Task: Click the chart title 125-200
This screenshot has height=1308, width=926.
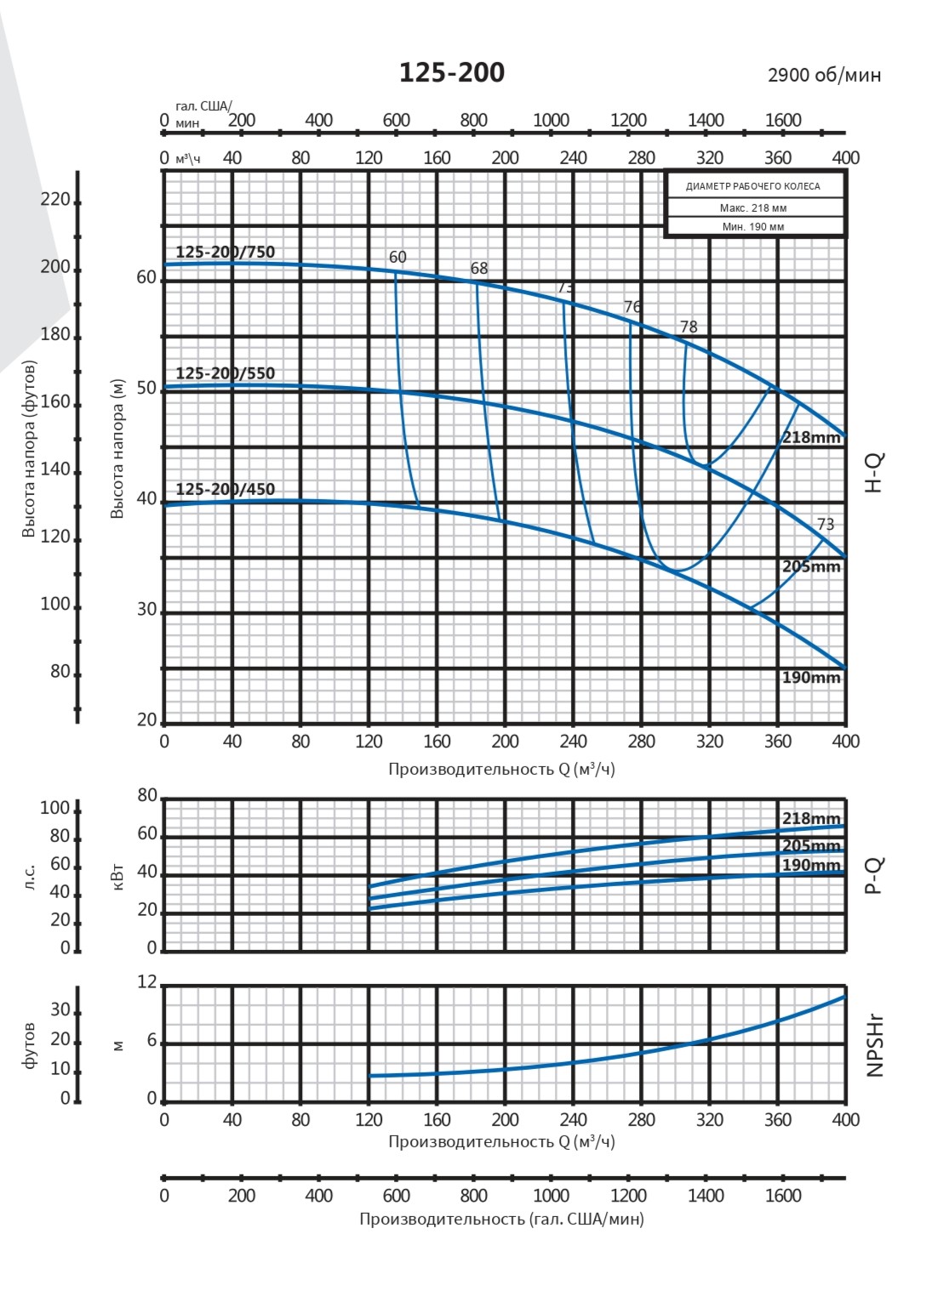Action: coord(452,73)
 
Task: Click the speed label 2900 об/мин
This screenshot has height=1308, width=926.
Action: coord(824,75)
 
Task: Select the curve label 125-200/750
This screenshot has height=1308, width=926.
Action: coord(226,252)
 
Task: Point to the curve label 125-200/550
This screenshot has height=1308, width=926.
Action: coord(226,372)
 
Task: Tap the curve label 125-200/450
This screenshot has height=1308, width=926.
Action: coord(226,489)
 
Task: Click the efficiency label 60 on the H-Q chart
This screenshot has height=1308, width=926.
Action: coord(397,257)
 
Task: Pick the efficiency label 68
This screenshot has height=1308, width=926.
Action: coord(479,269)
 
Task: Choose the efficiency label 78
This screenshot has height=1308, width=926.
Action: coord(689,327)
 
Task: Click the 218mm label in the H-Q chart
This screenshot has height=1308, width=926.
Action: coord(811,438)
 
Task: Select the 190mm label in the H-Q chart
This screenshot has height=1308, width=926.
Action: coord(811,678)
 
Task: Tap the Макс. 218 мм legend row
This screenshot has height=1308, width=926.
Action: coord(753,208)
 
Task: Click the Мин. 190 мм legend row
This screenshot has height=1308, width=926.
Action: coord(753,227)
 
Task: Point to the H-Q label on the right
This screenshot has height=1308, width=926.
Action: coord(874,473)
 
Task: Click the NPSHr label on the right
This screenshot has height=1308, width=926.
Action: coord(875,1045)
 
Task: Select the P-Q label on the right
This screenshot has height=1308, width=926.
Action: coord(874,875)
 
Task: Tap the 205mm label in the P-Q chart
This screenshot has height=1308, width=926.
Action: coord(811,845)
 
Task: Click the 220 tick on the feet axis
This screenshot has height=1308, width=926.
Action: coord(55,200)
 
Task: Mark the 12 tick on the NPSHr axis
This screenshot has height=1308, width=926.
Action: coord(147,983)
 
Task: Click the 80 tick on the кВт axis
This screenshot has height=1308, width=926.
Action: coord(147,796)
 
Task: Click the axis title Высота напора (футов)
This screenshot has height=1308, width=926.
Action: coord(29,449)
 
